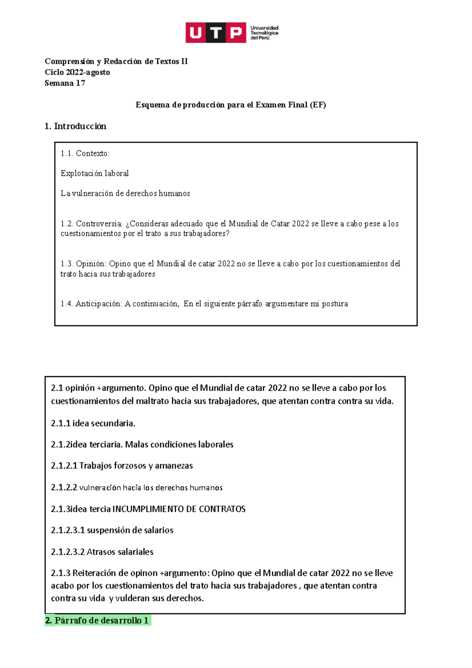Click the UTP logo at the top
(x=216, y=32)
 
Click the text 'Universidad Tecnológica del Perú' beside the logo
(x=264, y=33)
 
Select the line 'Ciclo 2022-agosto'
(x=77, y=72)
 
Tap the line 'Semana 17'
(x=65, y=83)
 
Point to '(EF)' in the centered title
(x=318, y=105)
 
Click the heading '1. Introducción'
(x=75, y=126)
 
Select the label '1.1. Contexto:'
(x=85, y=153)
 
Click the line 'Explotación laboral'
(x=94, y=173)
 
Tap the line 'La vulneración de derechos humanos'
(x=125, y=194)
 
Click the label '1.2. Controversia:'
(x=92, y=224)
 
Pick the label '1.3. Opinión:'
(x=83, y=264)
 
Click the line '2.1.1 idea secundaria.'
(x=93, y=423)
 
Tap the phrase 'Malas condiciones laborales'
(x=179, y=445)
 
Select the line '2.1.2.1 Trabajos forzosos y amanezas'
(x=122, y=466)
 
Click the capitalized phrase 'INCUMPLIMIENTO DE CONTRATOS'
(x=179, y=509)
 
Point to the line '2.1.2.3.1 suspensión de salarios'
(x=112, y=530)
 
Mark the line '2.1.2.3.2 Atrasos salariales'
(x=102, y=552)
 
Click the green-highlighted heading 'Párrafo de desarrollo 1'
(x=101, y=620)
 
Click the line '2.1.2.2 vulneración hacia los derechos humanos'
(x=136, y=488)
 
